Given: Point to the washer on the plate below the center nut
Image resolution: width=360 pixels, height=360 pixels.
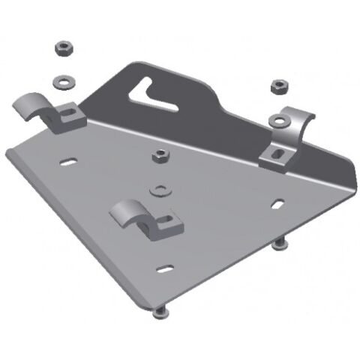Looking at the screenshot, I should [x=159, y=187].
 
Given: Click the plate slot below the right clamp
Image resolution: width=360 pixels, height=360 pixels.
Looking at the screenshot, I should [x=277, y=203].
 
